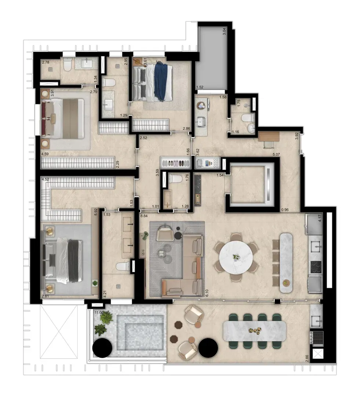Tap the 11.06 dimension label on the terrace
99,312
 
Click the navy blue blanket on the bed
161,81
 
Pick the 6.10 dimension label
207,293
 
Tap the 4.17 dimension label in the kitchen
320,219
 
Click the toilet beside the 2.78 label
67,66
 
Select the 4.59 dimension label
45,154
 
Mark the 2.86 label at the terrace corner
307,358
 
